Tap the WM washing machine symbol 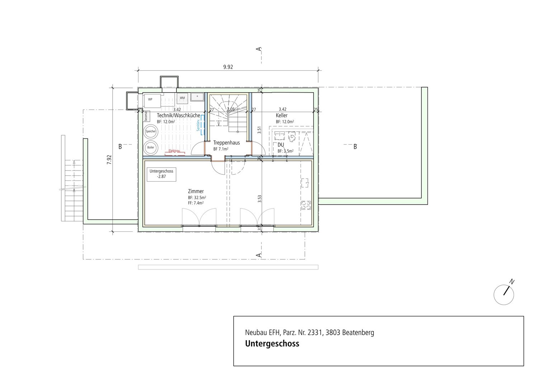pos(182,98)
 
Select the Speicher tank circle pos(151,132)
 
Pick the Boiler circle pos(151,147)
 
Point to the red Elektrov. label pos(175,151)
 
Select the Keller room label pos(282,116)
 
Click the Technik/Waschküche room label pos(178,116)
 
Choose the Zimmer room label pos(195,191)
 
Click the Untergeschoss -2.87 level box pos(161,174)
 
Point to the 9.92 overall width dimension pos(228,67)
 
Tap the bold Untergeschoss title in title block pos(272,344)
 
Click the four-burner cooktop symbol pos(306,205)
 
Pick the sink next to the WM pos(197,97)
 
